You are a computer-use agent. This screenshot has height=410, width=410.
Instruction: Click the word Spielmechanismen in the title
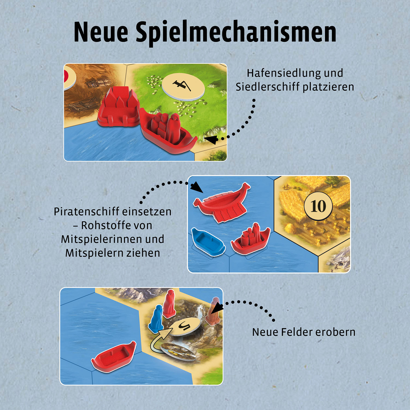(x=236, y=32)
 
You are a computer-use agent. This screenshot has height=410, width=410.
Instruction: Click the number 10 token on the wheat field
(x=318, y=206)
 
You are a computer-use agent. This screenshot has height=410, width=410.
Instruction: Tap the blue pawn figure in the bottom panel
(x=156, y=319)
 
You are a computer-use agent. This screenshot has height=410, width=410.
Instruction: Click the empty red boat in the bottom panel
(x=114, y=356)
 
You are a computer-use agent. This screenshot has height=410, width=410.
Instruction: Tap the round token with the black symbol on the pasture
(x=183, y=86)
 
